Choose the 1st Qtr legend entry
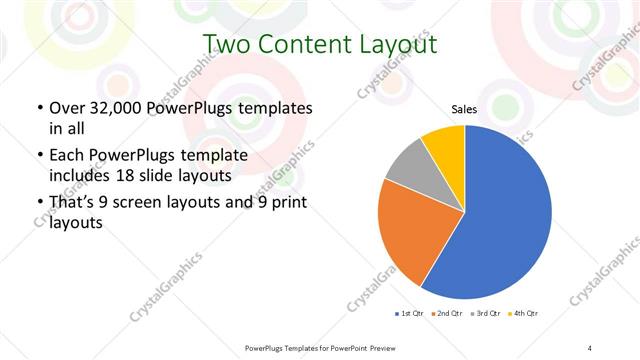tap(410, 314)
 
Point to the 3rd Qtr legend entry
tap(488, 314)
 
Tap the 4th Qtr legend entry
tap(526, 314)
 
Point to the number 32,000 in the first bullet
tap(115, 108)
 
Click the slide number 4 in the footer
tap(589, 347)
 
